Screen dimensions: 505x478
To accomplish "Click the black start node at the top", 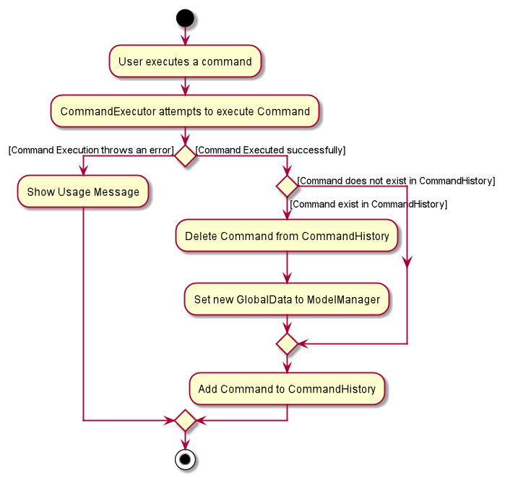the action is pos(185,18).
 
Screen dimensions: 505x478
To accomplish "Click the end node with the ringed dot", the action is pos(185,459).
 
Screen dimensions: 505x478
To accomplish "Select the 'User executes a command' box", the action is pos(185,61).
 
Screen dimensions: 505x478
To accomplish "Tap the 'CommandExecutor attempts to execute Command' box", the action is pos(185,111).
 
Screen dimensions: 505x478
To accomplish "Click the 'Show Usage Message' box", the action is pos(83,192).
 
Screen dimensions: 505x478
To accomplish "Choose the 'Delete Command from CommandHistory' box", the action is pos(287,236).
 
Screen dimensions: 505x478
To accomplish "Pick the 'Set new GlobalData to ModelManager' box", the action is pos(287,299).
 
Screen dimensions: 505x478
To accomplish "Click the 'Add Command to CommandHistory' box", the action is pos(287,389).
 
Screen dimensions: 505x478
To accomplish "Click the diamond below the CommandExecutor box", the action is pos(185,156).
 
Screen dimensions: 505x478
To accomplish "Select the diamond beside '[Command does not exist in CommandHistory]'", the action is pos(287,187).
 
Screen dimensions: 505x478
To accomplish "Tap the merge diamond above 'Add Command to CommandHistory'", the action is pos(287,344).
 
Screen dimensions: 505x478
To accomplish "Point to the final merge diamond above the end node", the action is pos(185,420).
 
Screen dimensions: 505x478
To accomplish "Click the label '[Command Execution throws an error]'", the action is pos(91,150).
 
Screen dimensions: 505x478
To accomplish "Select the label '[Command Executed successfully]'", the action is pos(270,150).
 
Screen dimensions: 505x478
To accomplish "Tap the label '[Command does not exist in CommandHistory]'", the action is pos(396,181).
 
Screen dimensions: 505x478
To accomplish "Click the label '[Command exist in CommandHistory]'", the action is pos(368,205).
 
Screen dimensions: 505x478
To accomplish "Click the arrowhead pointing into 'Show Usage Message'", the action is pos(83,171).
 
